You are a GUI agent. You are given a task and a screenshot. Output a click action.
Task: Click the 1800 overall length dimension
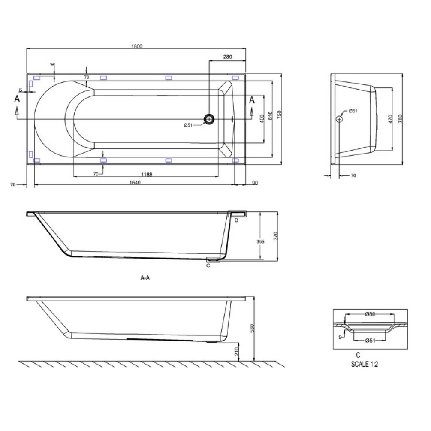(136, 46)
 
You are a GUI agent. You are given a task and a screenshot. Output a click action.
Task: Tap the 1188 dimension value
(147, 174)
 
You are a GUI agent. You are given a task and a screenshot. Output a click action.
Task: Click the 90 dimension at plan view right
(255, 183)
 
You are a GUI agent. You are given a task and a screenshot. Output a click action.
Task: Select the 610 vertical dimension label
(270, 116)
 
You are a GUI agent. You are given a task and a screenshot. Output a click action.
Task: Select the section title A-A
(145, 277)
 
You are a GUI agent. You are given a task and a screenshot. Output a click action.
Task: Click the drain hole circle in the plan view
(209, 119)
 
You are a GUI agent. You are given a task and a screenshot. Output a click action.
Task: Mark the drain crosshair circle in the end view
(340, 119)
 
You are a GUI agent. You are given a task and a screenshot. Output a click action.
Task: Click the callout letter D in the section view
(237, 220)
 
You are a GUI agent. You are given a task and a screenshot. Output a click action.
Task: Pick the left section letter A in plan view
(17, 99)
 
